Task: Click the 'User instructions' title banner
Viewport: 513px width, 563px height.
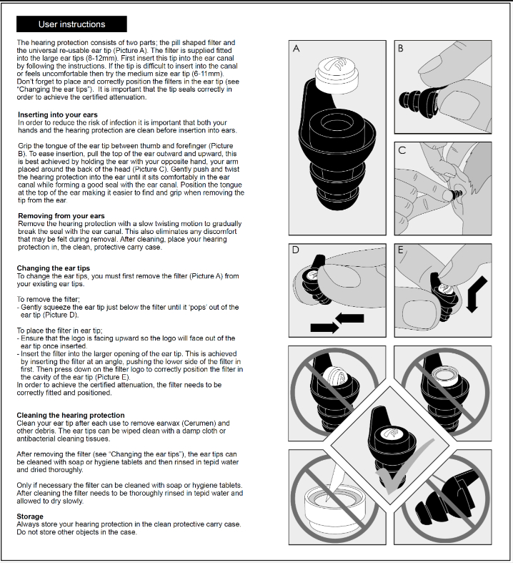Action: point(71,24)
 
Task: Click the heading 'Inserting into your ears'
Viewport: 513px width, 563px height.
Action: point(57,115)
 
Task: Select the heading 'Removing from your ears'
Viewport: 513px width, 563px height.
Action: point(61,216)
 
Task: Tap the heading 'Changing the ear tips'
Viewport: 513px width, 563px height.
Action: point(54,268)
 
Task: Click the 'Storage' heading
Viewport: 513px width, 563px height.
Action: point(30,516)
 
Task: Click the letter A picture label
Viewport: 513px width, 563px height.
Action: point(297,48)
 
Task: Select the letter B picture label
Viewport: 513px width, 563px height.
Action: point(400,48)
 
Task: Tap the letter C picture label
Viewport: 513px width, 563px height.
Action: point(401,151)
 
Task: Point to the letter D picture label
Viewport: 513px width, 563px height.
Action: point(296,251)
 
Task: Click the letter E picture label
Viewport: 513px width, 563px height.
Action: point(400,251)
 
